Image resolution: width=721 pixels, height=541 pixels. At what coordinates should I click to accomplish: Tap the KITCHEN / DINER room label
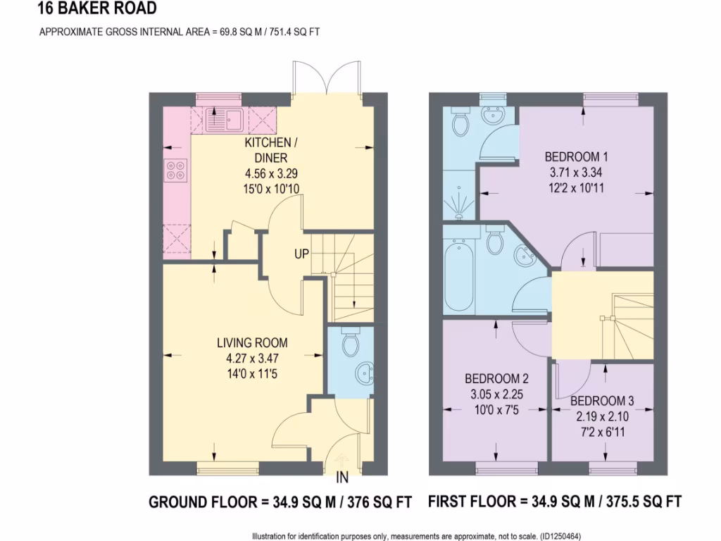tap(265, 150)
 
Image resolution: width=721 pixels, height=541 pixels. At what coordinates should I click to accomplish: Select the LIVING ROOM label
tap(251, 343)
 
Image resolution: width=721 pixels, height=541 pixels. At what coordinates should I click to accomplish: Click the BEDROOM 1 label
tap(576, 156)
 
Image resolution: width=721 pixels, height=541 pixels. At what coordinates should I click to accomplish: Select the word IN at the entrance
tap(342, 479)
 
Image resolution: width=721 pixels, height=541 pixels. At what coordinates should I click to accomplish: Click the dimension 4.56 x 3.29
tap(265, 173)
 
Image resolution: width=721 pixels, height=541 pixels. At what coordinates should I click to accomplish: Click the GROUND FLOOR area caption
tap(280, 502)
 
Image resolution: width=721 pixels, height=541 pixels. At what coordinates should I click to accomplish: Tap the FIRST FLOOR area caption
tap(554, 502)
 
